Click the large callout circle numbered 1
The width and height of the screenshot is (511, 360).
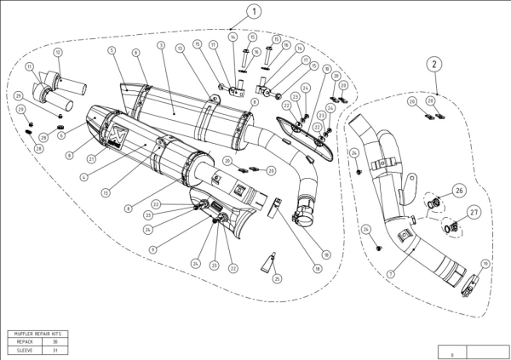230,12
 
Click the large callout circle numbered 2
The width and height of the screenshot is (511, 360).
434,64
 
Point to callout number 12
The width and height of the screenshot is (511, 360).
58,53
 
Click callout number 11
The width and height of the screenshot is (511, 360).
30,66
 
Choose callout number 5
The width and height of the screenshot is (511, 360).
112,50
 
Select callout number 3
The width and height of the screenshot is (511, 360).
160,43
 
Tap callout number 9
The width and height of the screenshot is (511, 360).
152,249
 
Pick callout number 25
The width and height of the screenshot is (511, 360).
277,277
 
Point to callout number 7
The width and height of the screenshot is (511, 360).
390,274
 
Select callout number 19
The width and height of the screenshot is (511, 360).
486,264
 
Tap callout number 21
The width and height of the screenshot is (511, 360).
90,158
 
